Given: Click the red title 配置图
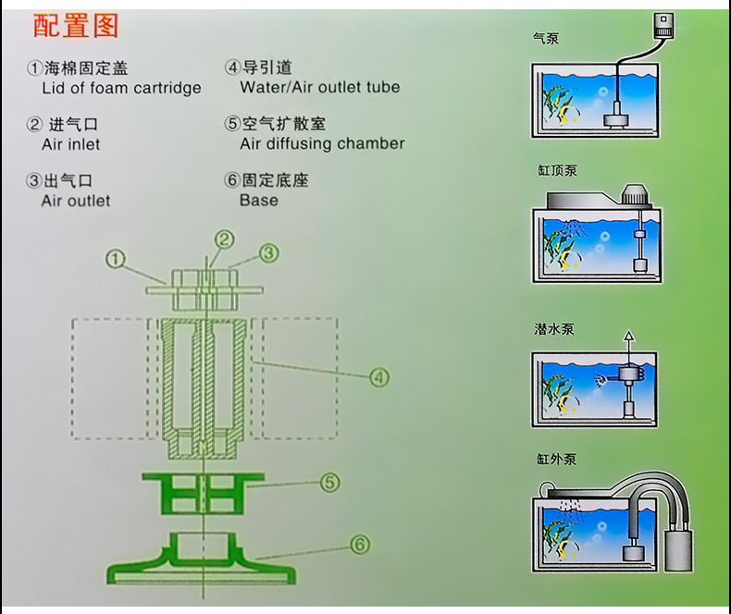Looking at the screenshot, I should click(76, 26).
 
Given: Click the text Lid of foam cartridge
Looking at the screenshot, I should click(121, 89).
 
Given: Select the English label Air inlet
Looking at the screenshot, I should click(71, 144).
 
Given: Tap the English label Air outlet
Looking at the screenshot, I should click(76, 201).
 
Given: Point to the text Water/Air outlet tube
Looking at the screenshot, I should click(319, 88).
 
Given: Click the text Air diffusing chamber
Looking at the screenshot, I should click(322, 143).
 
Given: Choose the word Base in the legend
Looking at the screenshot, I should click(258, 200).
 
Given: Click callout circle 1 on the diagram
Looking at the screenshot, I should click(115, 260).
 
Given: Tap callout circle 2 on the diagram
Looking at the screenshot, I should click(224, 240).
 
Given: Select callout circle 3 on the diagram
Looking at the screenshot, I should click(268, 252).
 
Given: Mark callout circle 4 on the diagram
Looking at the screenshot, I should click(379, 376).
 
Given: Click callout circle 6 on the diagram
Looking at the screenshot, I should click(360, 545).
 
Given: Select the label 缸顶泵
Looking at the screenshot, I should click(556, 170).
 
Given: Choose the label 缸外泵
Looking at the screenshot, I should click(555, 459).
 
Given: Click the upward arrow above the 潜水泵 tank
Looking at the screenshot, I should click(630, 338).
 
